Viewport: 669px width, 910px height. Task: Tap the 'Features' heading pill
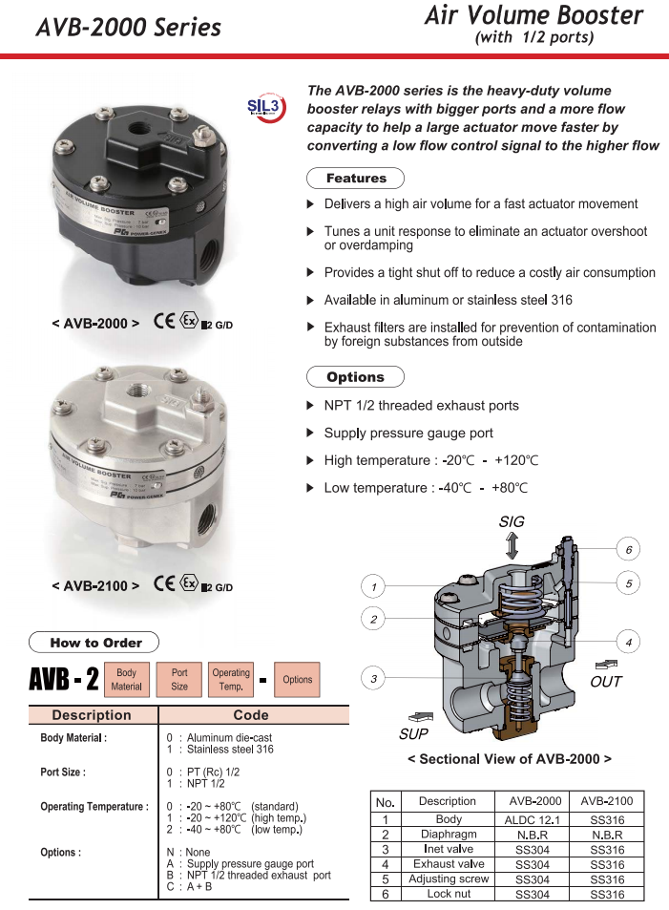click(356, 179)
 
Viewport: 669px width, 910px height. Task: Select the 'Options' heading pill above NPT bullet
click(355, 377)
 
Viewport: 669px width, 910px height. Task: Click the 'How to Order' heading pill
click(94, 643)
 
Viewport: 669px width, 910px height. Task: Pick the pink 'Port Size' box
click(179, 679)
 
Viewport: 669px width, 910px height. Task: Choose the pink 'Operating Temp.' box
click(231, 679)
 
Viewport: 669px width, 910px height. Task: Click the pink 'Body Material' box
click(127, 679)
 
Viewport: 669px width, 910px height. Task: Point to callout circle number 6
click(628, 550)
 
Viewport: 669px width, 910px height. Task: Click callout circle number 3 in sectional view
click(374, 679)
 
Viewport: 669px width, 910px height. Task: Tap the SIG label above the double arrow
click(512, 522)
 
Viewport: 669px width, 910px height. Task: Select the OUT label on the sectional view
click(606, 682)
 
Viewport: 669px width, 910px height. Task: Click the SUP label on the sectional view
click(414, 734)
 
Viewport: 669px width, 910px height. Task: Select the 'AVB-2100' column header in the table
click(606, 801)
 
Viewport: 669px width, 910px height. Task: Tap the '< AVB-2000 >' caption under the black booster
click(95, 324)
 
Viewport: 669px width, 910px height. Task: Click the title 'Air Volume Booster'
click(533, 15)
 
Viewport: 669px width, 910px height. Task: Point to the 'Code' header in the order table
click(251, 714)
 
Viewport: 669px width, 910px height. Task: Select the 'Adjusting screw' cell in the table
click(448, 878)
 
